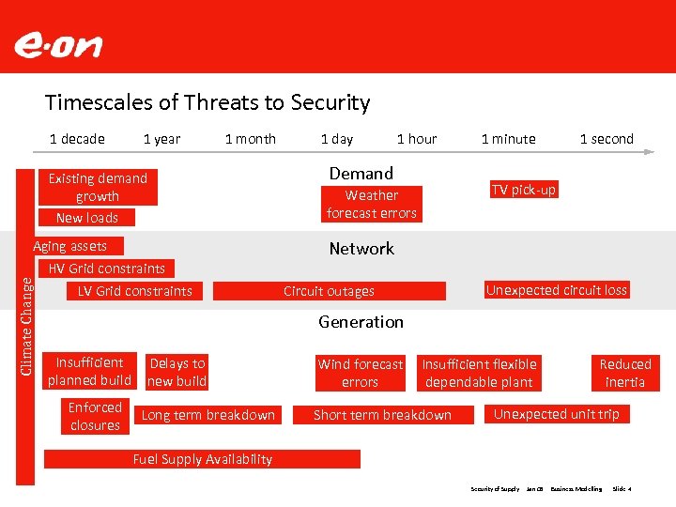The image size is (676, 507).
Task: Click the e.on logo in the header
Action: [58, 45]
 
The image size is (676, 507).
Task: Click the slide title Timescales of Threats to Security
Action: [207, 102]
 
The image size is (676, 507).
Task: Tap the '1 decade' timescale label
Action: [77, 139]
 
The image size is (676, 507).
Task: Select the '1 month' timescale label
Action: [251, 139]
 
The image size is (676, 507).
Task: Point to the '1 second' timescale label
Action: [607, 139]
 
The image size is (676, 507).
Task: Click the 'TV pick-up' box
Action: [523, 190]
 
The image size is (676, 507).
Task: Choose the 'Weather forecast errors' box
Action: [372, 205]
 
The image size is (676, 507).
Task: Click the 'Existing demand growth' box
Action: [98, 187]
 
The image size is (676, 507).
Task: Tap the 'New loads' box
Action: [86, 218]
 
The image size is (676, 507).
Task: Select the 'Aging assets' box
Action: [70, 246]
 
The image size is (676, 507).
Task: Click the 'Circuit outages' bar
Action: [329, 291]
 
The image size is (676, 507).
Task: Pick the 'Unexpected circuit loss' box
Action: [556, 290]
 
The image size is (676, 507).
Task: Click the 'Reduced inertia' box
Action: [625, 373]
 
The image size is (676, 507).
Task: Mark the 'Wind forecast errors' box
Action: [360, 373]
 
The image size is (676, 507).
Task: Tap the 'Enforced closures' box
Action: [95, 416]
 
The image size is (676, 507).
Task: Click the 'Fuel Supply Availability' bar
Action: [203, 459]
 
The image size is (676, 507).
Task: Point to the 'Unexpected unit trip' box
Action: [556, 414]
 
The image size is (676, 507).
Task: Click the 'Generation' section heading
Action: [361, 322]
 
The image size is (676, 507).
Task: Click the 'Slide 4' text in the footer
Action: [622, 489]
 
